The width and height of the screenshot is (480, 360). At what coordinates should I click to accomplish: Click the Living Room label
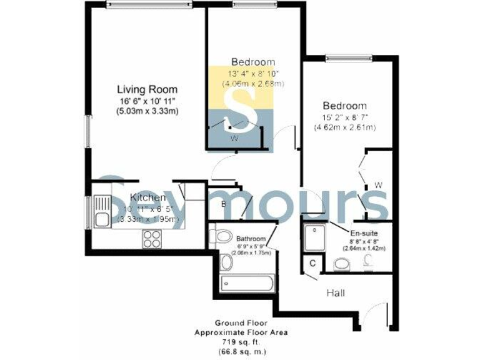click(147, 89)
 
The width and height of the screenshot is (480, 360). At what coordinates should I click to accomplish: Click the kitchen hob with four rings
click(153, 238)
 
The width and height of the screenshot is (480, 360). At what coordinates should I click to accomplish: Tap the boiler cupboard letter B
click(222, 203)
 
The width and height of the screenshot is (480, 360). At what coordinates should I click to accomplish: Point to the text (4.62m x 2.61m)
click(345, 128)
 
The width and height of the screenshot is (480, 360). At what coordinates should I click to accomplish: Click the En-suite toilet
click(342, 266)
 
